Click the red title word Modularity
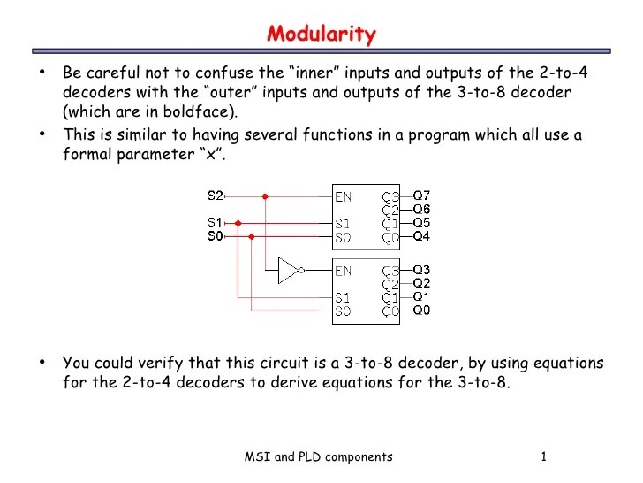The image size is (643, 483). click(321, 34)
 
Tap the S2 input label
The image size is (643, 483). click(216, 195)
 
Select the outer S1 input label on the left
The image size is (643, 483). click(216, 224)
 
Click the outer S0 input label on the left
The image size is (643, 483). click(216, 236)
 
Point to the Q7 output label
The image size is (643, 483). click(422, 195)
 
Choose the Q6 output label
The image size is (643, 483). click(422, 209)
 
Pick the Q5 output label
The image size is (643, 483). click(422, 223)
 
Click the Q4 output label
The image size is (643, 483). click(422, 236)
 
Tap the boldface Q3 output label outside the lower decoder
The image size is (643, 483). click(422, 269)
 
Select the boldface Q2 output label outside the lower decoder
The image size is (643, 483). click(422, 283)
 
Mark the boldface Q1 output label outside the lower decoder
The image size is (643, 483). click(422, 296)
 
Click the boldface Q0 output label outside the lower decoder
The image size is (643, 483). click(422, 310)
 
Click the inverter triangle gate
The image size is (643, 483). click(290, 270)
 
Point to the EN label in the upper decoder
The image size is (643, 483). click(344, 195)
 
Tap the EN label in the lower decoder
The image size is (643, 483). click(344, 270)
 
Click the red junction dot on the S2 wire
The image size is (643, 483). click(265, 195)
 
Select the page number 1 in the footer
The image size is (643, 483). click(545, 456)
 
